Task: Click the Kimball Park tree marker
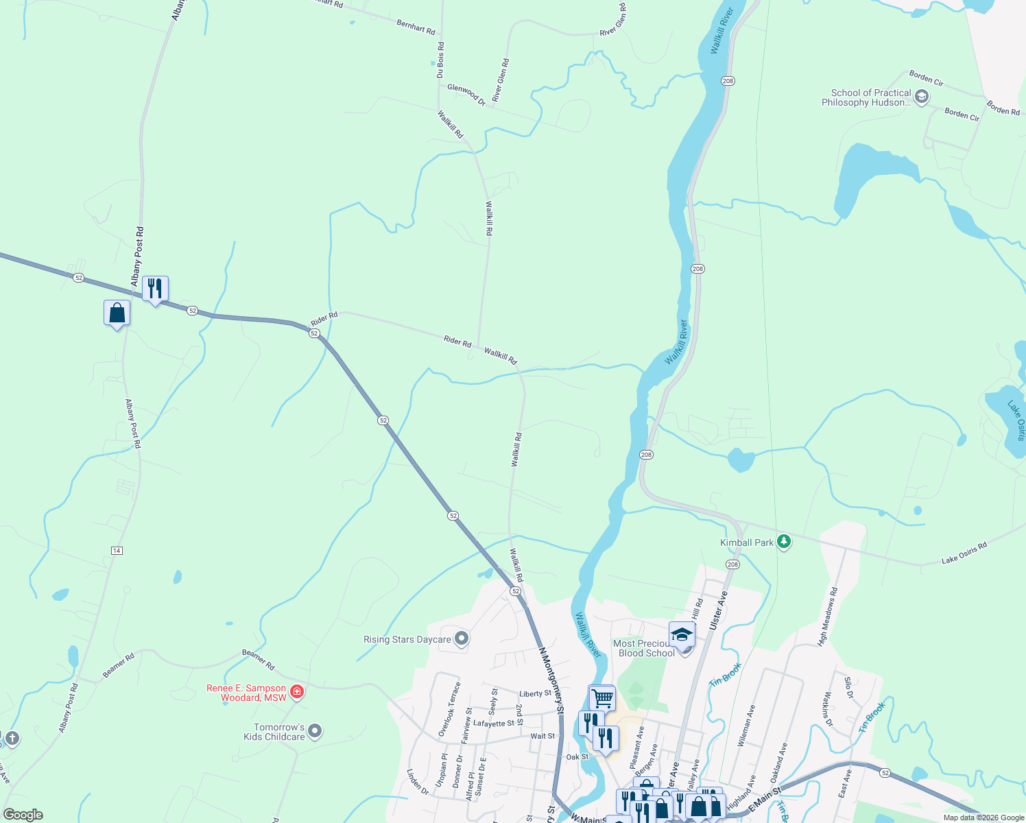785,542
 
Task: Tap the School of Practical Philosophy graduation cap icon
922,97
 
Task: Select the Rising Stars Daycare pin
462,639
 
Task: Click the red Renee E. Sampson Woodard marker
297,691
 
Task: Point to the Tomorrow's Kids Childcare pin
315,731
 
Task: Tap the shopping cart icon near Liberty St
602,698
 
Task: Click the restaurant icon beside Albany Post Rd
156,289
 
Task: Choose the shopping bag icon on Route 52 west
117,313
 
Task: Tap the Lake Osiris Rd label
964,552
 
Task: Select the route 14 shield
117,551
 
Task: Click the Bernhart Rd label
416,27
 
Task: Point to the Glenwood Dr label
466,95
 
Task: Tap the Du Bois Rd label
440,60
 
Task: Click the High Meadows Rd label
828,616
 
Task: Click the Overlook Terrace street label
450,708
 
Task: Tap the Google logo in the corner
23,815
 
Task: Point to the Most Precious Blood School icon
682,635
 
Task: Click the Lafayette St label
494,724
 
